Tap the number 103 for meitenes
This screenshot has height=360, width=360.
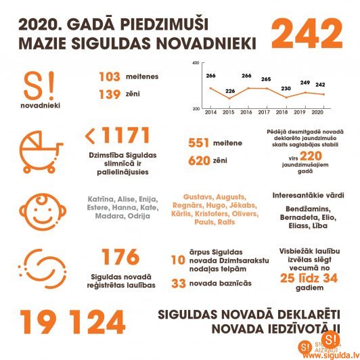(109, 77)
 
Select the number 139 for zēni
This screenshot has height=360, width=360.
(109, 97)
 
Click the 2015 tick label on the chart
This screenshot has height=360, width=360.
(228, 113)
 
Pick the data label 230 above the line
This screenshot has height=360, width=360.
(285, 88)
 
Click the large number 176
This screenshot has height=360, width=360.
(120, 257)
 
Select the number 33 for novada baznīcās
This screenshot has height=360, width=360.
(179, 284)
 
